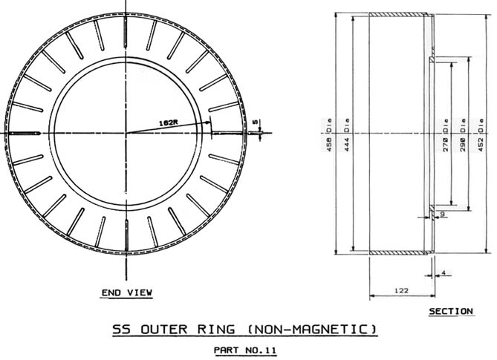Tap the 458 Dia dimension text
point(329,134)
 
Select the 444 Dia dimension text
point(346,134)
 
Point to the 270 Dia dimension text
point(446,134)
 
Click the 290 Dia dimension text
point(463,134)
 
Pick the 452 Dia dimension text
point(481,134)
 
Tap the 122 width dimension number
point(401,290)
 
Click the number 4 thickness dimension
point(444,272)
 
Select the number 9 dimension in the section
point(443,214)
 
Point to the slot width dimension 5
point(256,122)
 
